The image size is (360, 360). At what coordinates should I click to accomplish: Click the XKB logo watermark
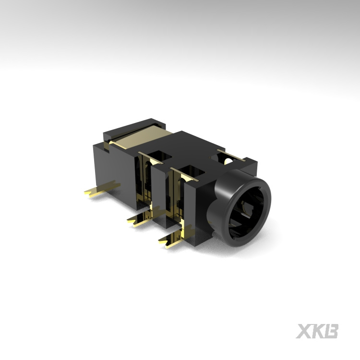(x=317, y=331)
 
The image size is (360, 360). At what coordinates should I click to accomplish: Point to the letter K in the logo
(x=317, y=331)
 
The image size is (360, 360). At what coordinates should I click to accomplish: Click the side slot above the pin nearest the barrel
(x=178, y=202)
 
